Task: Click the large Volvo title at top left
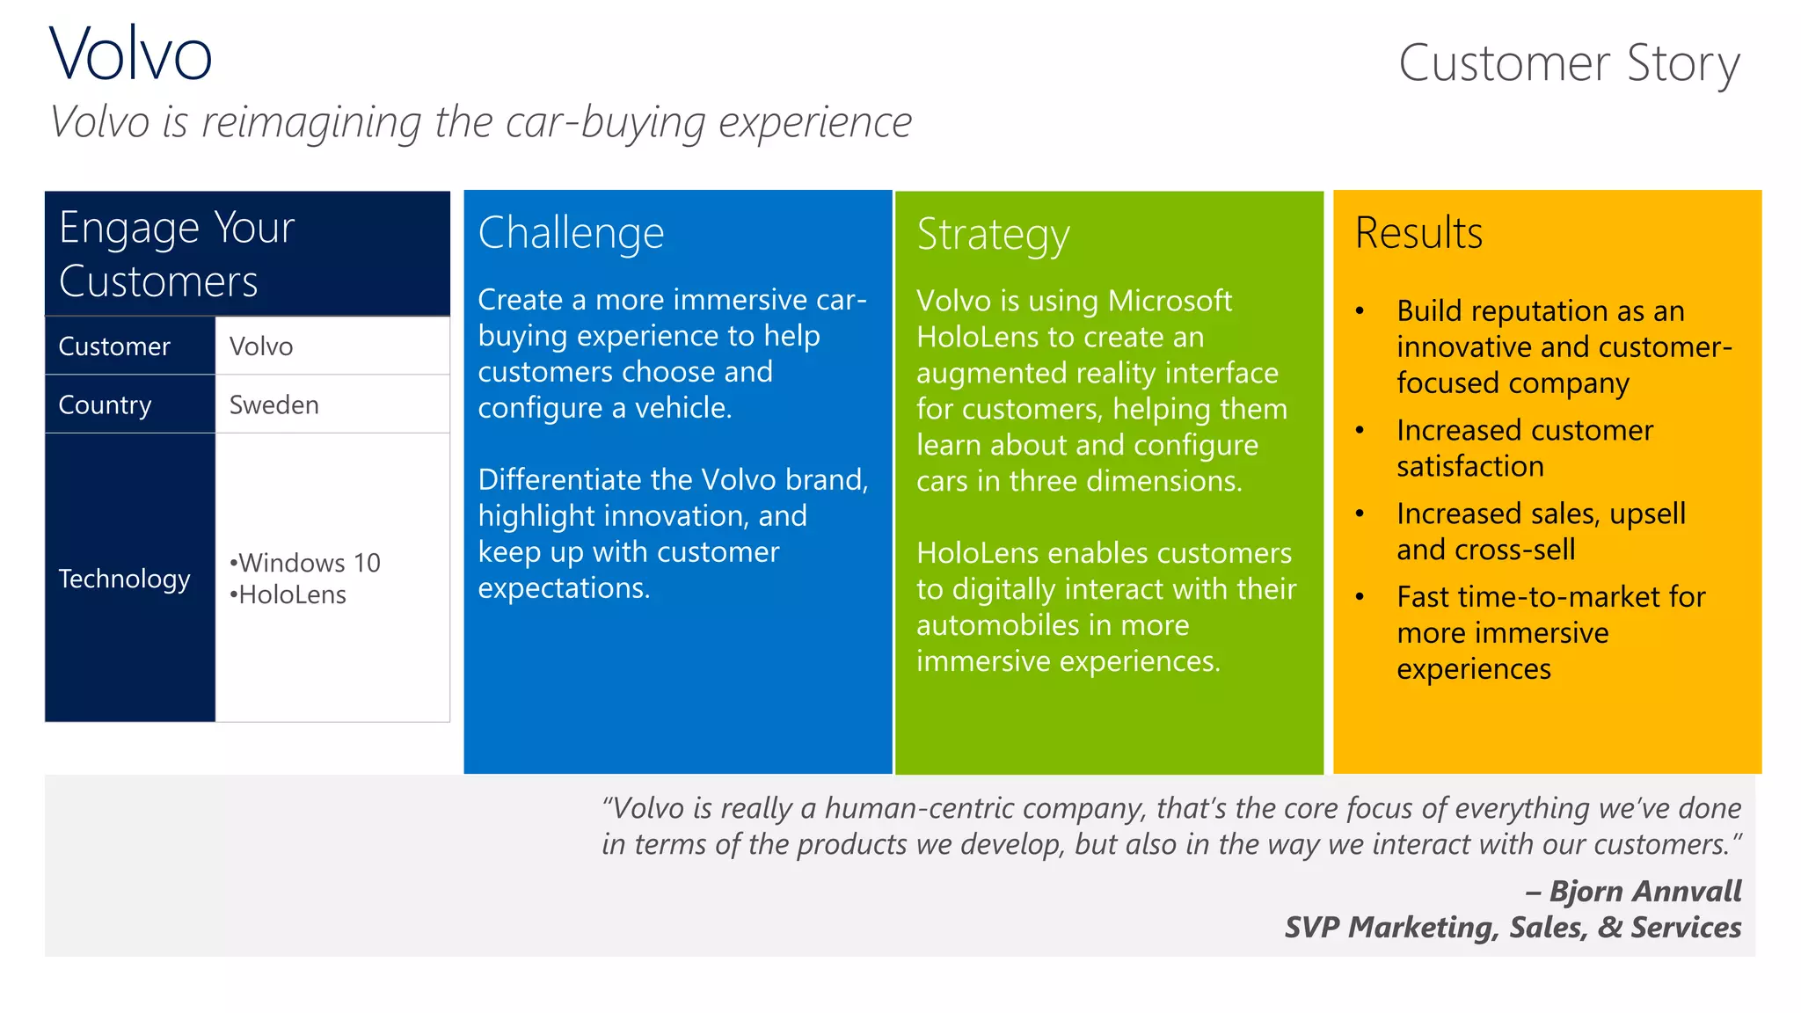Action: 130,55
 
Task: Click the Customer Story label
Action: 1569,63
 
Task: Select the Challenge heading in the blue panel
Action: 571,233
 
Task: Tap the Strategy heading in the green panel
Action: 993,235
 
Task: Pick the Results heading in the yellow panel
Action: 1418,233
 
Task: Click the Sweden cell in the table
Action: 273,404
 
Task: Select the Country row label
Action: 105,404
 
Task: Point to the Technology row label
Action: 124,579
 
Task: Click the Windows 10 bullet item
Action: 305,563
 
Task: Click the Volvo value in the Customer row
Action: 261,346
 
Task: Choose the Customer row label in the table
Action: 114,346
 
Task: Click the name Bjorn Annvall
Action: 1644,891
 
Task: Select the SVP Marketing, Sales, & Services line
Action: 1513,927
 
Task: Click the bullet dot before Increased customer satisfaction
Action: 1360,430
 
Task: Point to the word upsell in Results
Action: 1647,514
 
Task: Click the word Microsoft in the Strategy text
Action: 1169,301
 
